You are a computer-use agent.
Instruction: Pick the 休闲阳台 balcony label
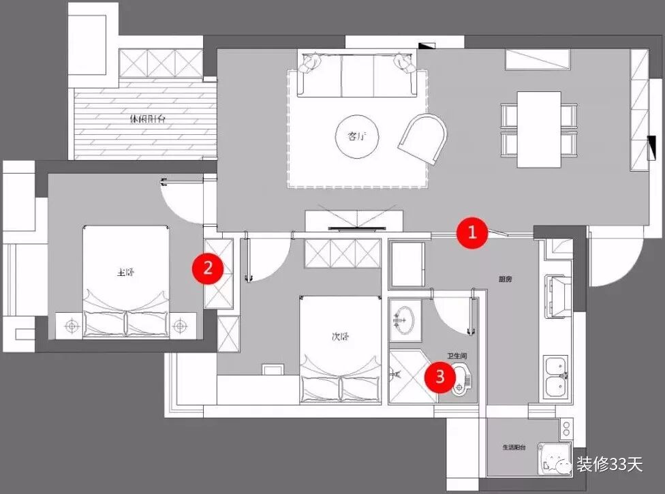[x=147, y=119]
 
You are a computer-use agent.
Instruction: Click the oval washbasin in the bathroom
[x=405, y=318]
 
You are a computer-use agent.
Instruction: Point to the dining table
[x=538, y=129]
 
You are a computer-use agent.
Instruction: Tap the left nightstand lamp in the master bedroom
[x=69, y=326]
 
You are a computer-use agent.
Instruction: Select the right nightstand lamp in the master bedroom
[x=180, y=326]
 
